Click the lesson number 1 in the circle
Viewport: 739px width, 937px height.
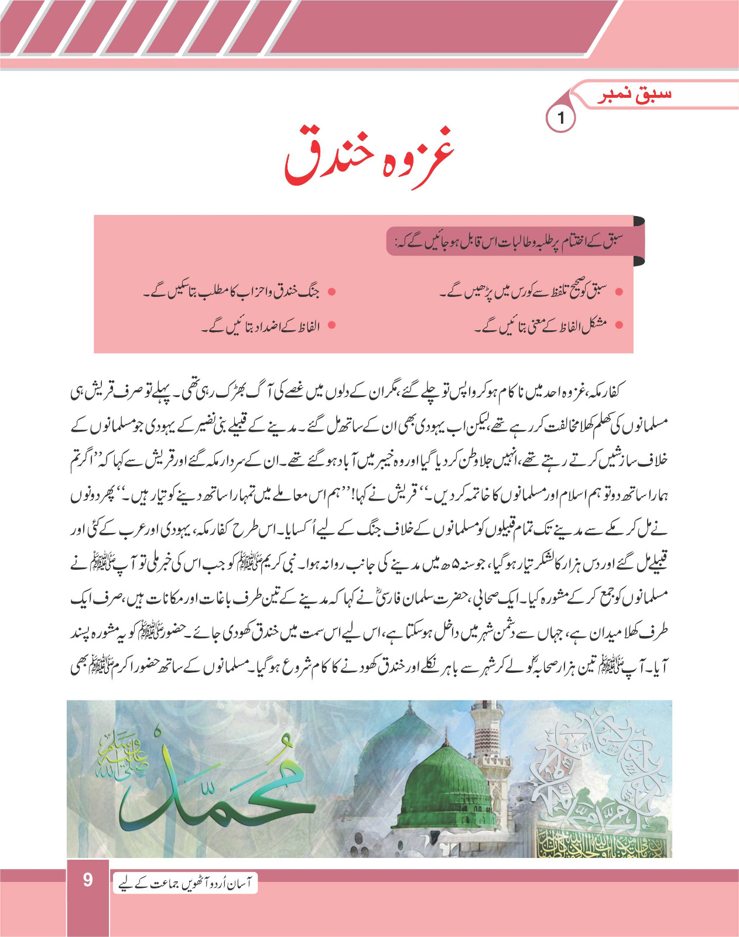(560, 118)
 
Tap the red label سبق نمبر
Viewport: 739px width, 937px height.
(634, 95)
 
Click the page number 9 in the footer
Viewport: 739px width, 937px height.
(88, 880)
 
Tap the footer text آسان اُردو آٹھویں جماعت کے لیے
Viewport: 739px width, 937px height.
(184, 883)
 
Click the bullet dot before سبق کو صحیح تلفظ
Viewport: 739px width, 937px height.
(620, 291)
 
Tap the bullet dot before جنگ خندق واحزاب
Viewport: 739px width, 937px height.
(331, 291)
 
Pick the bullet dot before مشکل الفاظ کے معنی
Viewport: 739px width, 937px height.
(620, 324)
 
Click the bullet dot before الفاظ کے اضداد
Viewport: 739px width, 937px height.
(331, 325)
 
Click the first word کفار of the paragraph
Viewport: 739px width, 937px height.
(614, 391)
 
